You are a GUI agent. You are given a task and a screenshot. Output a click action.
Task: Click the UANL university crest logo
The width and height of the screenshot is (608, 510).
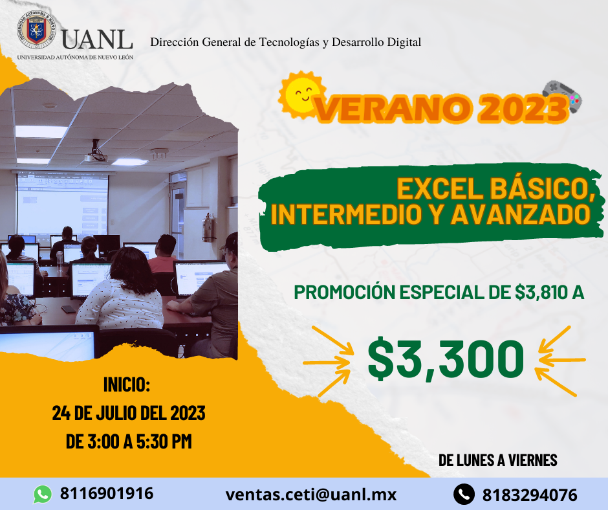(37, 30)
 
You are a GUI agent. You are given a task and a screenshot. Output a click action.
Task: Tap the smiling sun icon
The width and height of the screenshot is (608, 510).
(302, 94)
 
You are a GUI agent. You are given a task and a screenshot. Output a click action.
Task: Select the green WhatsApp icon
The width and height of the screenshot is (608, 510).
(43, 494)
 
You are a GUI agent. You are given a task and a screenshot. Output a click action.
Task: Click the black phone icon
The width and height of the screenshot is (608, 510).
(464, 494)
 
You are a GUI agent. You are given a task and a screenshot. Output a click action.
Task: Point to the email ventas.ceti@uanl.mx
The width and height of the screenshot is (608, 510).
(311, 494)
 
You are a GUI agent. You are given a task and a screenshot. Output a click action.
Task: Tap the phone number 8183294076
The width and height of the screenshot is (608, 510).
(530, 495)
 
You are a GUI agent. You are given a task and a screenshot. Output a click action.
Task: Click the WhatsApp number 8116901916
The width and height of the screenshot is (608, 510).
(107, 493)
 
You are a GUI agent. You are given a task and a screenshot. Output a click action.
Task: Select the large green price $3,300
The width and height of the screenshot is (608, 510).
(446, 360)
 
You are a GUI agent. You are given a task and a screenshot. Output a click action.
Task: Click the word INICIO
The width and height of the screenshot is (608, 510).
(127, 384)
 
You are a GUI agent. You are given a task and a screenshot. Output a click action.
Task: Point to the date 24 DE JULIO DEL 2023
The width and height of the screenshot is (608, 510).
(129, 413)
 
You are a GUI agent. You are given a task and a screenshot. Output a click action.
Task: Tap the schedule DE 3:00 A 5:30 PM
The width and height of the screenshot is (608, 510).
(129, 441)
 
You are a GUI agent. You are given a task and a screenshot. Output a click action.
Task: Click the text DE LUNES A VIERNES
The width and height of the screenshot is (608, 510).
(498, 460)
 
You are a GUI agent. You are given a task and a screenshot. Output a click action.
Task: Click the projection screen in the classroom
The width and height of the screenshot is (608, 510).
(63, 204)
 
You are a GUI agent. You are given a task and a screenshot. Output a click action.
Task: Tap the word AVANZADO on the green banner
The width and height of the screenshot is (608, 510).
(521, 214)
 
